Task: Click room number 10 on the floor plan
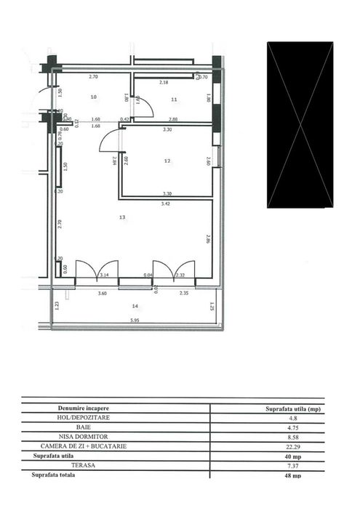pos(93,97)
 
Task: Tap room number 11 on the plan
pos(175,99)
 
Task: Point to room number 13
pos(122,217)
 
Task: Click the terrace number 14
pos(135,305)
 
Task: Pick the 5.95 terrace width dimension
pos(135,320)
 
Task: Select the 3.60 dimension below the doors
pos(103,294)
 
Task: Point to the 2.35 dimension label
pos(185,294)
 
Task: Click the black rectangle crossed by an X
pos(300,124)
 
